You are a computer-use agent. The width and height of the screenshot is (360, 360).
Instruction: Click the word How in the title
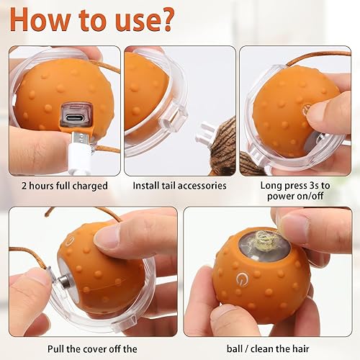click(x=44, y=20)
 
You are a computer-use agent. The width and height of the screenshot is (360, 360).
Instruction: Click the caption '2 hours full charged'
click(x=64, y=185)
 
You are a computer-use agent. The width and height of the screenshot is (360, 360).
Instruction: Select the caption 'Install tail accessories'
click(x=179, y=185)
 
